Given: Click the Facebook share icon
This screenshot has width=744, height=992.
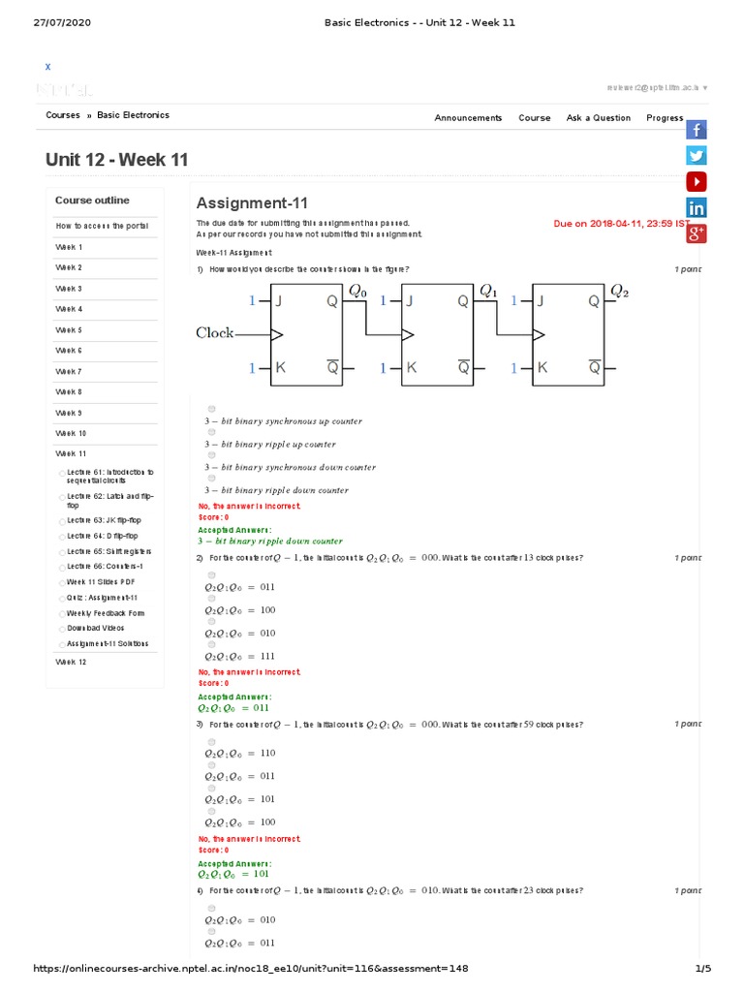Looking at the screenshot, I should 697,130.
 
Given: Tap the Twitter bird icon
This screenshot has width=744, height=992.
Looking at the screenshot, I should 697,155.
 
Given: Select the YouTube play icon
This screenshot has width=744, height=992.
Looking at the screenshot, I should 697,181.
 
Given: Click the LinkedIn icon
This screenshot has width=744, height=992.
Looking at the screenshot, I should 697,207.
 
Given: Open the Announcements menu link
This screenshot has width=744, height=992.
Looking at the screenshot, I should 468,118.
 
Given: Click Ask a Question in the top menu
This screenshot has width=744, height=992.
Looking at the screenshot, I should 599,118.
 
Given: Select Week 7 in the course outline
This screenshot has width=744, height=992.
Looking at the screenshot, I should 69,371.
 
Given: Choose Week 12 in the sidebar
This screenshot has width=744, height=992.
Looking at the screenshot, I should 71,662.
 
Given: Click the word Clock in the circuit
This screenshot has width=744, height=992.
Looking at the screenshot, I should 215,333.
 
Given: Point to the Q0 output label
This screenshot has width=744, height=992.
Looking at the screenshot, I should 357,291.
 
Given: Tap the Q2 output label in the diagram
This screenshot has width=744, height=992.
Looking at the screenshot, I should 620,291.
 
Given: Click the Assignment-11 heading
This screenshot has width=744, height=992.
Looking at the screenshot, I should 252,203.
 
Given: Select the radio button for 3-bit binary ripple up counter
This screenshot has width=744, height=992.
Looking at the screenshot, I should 212,432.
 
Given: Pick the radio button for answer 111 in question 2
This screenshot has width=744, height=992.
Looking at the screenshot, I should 212,644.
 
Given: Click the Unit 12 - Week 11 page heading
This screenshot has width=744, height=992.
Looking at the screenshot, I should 117,160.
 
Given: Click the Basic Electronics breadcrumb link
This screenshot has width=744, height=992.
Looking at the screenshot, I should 133,115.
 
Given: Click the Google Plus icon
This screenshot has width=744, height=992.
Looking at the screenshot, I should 697,232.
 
